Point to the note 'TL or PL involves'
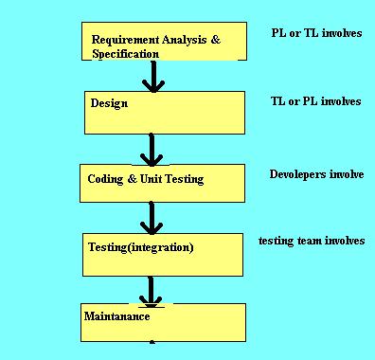coord(315,100)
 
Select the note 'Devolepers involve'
coord(316,174)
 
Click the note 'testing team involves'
coord(312,241)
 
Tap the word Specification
coord(126,54)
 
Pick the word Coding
coord(104,179)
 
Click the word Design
coord(109,103)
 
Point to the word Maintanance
coord(118,315)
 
